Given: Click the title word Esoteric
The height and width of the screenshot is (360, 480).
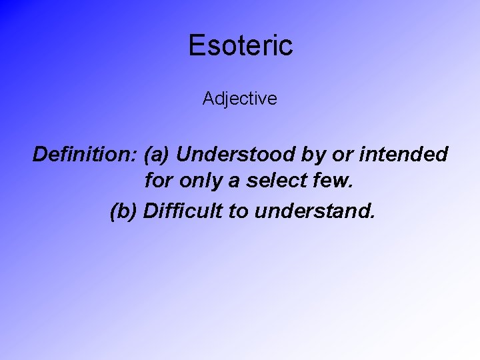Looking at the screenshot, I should click(240, 45).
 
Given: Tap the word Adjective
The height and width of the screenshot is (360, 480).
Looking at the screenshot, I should click(240, 99).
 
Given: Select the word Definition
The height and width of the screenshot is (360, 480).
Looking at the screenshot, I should click(83, 155).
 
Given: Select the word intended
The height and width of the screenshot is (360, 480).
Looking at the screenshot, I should click(404, 155).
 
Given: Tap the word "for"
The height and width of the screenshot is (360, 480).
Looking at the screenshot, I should click(157, 183).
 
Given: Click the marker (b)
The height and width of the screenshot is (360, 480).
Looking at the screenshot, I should click(123, 211).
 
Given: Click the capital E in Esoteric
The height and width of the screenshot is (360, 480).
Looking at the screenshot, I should click(197, 45).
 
